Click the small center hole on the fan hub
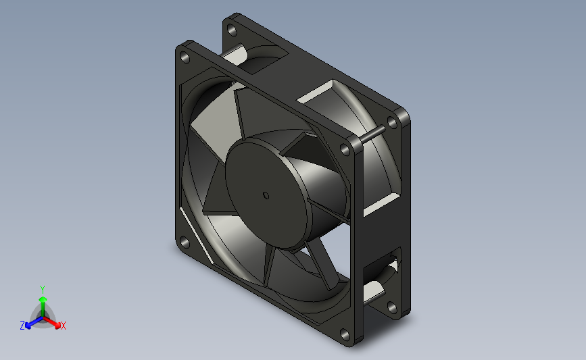coord(266,196)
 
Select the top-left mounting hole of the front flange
coord(185,57)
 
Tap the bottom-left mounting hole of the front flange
coord(185,243)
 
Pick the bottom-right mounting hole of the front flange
coord(345,334)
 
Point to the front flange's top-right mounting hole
coord(345,150)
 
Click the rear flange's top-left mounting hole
coord(232,30)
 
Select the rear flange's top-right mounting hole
coord(393,122)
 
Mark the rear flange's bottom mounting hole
coord(392,308)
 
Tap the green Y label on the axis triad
coord(43,290)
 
